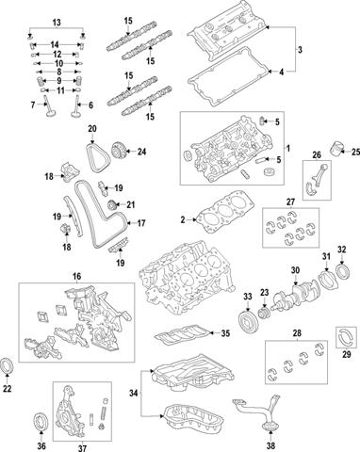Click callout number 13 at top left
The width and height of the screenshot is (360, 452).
point(57,23)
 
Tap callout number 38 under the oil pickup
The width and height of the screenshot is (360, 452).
point(270,444)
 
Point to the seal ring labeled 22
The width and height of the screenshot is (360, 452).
point(7,365)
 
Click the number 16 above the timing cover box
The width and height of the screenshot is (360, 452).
point(76,277)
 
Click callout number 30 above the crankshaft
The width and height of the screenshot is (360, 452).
point(295,270)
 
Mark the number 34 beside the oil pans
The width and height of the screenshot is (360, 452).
point(134,393)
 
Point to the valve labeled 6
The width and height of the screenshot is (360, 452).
point(75,106)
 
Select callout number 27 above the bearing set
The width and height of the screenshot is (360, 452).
point(290,202)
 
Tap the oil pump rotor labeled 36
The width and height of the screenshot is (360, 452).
point(41,421)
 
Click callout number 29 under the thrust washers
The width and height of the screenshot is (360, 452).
point(346,355)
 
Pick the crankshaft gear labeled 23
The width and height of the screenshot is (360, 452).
point(264,314)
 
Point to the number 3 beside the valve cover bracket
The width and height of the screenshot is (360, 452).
point(300,50)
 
